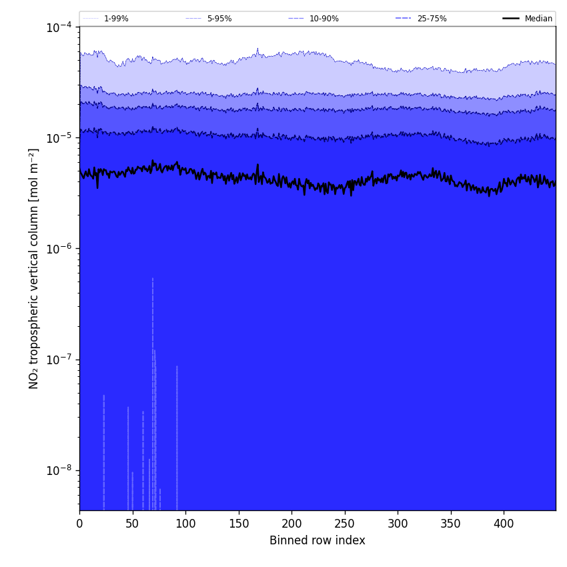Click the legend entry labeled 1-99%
[x=115, y=19]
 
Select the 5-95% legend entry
[x=219, y=19]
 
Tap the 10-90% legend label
[x=324, y=19]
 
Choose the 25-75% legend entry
[x=432, y=19]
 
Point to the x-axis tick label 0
[x=79, y=524]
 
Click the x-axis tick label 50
[x=133, y=524]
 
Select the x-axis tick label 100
[x=185, y=524]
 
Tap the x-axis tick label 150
[x=239, y=524]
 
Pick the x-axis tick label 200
[x=292, y=524]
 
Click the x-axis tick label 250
[x=345, y=524]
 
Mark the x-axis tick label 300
[x=398, y=524]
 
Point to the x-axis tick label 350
[x=451, y=524]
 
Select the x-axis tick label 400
[x=504, y=524]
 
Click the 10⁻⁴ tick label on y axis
[x=59, y=27]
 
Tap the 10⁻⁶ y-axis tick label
[x=59, y=249]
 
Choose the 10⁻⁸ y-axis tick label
[x=59, y=470]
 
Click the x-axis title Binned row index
[x=318, y=540]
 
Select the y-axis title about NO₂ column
[x=34, y=268]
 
